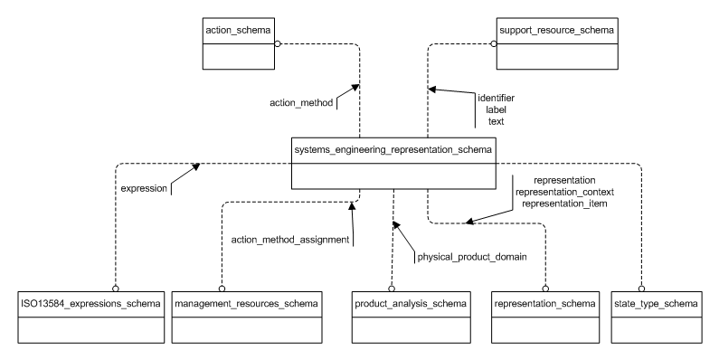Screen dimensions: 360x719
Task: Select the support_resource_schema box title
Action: pyautogui.click(x=553, y=32)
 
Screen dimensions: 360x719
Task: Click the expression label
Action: pyautogui.click(x=145, y=188)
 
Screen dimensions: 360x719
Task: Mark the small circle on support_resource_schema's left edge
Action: pyautogui.click(x=494, y=43)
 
